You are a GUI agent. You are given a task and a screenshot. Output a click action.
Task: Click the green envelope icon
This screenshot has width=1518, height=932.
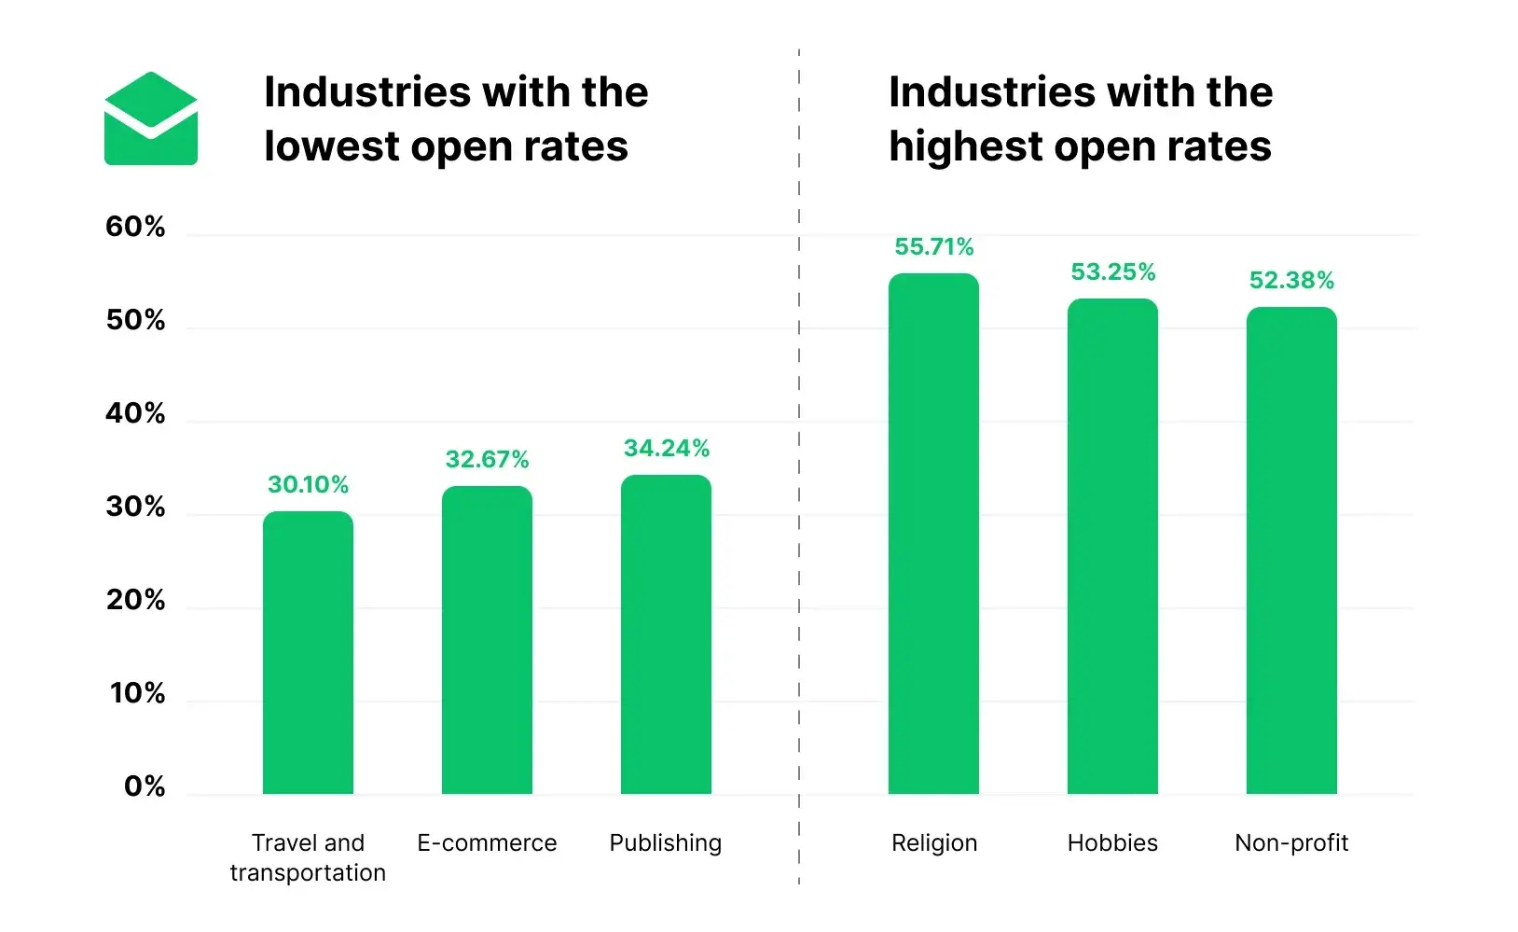pyautogui.click(x=150, y=119)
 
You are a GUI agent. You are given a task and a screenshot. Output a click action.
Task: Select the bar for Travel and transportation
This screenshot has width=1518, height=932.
pyautogui.click(x=308, y=653)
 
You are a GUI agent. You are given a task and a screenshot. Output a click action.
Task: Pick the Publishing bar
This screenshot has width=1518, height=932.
pyautogui.click(x=666, y=634)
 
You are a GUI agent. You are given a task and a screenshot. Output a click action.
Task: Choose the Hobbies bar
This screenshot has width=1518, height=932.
pyautogui.click(x=1112, y=547)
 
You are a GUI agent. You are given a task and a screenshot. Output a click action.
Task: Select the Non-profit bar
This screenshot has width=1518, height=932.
pyautogui.click(x=1291, y=550)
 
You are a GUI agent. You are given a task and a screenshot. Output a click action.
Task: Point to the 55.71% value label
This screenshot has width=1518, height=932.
pyautogui.click(x=933, y=247)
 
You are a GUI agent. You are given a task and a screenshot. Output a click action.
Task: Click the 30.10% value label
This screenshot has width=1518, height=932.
pyautogui.click(x=308, y=485)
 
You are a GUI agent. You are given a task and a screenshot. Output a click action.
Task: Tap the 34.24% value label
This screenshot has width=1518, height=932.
pyautogui.click(x=666, y=449)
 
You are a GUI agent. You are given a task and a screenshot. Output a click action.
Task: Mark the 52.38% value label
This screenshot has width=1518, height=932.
pyautogui.click(x=1291, y=281)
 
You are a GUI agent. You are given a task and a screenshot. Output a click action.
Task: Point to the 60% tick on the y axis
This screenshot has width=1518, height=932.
pyautogui.click(x=135, y=227)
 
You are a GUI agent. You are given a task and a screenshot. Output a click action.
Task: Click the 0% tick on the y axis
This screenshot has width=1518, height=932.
pyautogui.click(x=145, y=786)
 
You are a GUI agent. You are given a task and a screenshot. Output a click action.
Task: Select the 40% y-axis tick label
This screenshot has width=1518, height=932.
pyautogui.click(x=135, y=413)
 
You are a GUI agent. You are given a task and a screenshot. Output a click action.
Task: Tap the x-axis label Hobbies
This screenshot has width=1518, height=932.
pyautogui.click(x=1112, y=843)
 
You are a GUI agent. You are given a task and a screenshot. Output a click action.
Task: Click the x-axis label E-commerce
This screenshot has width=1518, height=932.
pyautogui.click(x=487, y=843)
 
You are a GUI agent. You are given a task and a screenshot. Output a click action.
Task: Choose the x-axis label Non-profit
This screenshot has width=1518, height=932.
pyautogui.click(x=1291, y=843)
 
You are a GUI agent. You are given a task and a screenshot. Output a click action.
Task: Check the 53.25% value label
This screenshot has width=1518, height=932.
pyautogui.click(x=1112, y=272)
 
